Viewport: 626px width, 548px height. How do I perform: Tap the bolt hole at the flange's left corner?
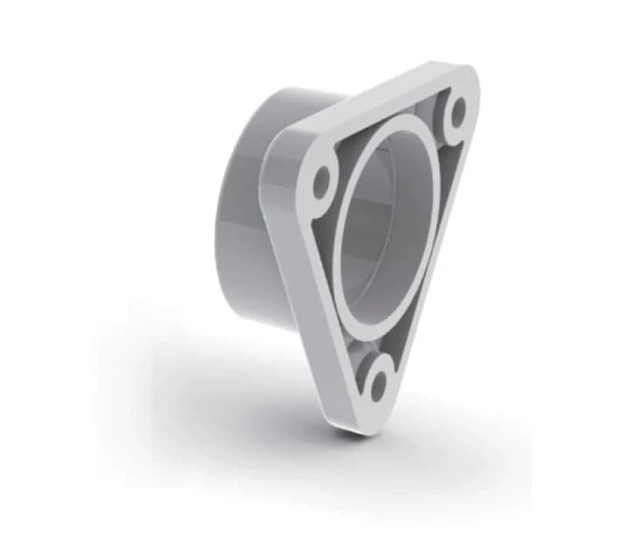[x=321, y=182]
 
